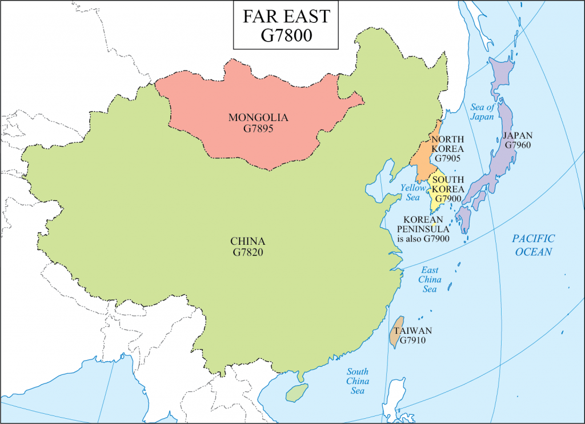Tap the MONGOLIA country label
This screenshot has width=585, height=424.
click(x=258, y=118)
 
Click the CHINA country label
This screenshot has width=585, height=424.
click(x=248, y=240)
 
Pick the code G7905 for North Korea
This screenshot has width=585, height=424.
click(x=447, y=159)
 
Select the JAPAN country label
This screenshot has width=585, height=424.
click(x=518, y=135)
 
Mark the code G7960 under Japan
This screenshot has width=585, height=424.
click(x=518, y=146)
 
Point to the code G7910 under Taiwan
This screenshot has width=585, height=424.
click(x=413, y=341)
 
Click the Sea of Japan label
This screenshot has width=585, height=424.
click(x=483, y=112)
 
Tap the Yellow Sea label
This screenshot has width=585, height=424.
click(x=413, y=192)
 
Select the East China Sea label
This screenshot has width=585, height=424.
click(x=430, y=279)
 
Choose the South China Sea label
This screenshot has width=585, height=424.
click(x=358, y=381)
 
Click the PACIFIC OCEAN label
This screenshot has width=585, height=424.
click(x=532, y=245)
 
